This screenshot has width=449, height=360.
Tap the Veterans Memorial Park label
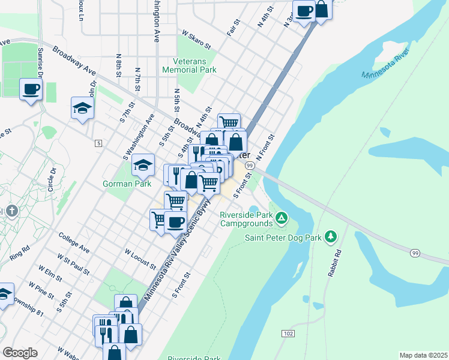click(x=189, y=65)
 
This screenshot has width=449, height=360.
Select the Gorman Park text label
click(x=127, y=184)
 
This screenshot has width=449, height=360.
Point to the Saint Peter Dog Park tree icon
click(x=330, y=236)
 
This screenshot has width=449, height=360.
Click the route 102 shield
click(x=288, y=332)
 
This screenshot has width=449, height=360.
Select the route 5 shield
click(x=98, y=143)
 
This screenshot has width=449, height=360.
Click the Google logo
click(x=20, y=352)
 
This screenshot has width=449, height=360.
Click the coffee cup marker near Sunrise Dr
click(x=31, y=90)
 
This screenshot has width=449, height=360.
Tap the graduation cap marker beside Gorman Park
click(x=143, y=164)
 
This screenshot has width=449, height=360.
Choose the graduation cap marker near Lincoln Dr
click(x=82, y=108)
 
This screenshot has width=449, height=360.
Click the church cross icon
click(x=11, y=212)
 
